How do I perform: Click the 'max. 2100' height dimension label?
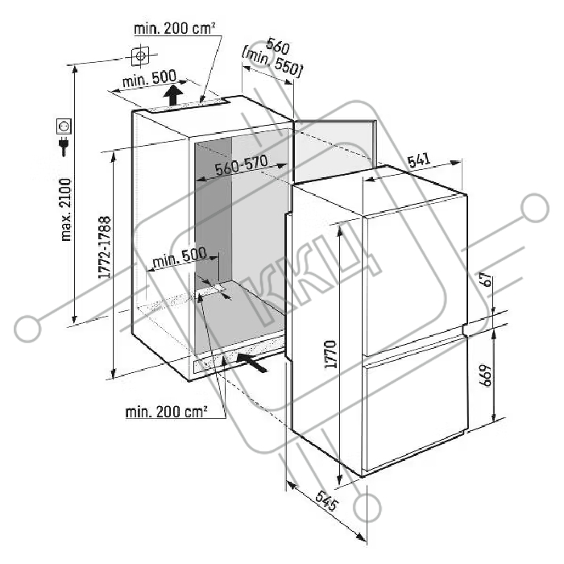click(x=67, y=209)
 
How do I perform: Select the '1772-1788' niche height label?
click(x=104, y=247)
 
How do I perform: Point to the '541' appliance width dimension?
click(x=418, y=160)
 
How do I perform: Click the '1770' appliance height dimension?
click(x=330, y=354)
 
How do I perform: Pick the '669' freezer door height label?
click(x=486, y=375)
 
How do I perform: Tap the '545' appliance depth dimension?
click(x=326, y=500)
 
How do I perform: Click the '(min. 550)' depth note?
click(x=272, y=64)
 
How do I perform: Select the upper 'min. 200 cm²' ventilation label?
click(x=175, y=28)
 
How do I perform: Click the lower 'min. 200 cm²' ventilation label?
click(x=166, y=412)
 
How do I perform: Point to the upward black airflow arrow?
click(x=173, y=95)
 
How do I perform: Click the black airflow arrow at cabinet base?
click(x=251, y=363)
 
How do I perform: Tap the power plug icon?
click(x=64, y=146)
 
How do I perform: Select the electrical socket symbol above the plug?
click(x=64, y=126)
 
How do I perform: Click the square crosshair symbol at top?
click(x=140, y=56)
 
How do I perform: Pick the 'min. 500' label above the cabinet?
click(x=149, y=78)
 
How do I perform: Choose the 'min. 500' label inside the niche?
click(x=180, y=258)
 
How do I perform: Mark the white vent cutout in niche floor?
click(x=211, y=291)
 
